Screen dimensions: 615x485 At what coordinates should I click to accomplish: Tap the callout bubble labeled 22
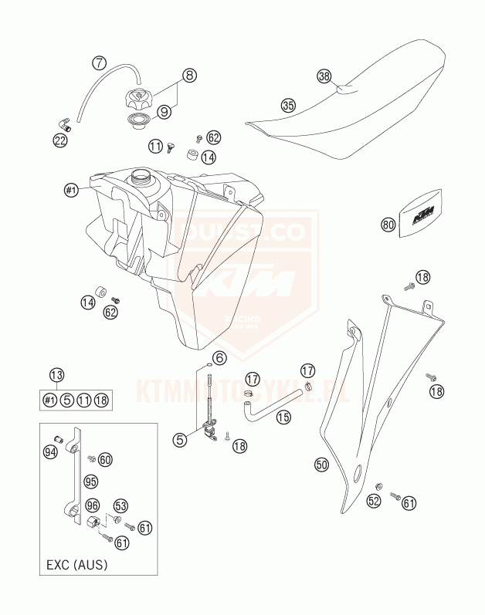pyautogui.click(x=60, y=140)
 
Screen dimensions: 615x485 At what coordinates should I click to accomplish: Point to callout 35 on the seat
pyautogui.click(x=266, y=105)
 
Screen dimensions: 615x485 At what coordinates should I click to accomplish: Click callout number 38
pyautogui.click(x=324, y=76)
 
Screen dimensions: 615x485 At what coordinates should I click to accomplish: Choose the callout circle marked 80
pyautogui.click(x=388, y=225)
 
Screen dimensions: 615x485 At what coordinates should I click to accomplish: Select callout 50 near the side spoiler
pyautogui.click(x=322, y=465)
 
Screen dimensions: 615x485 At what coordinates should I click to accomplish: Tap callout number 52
pyautogui.click(x=375, y=502)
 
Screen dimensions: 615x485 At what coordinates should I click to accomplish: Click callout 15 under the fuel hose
pyautogui.click(x=283, y=417)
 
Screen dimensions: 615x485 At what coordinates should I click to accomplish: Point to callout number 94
pyautogui.click(x=51, y=452)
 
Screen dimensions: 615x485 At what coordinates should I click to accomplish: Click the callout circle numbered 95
pyautogui.click(x=92, y=481)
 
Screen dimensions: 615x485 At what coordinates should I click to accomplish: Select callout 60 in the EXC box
pyautogui.click(x=106, y=459)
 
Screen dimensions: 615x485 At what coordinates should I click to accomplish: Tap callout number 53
pyautogui.click(x=120, y=506)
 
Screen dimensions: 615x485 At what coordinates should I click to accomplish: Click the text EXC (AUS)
pyautogui.click(x=75, y=565)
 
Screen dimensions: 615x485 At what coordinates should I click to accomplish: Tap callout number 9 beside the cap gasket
pyautogui.click(x=164, y=113)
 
